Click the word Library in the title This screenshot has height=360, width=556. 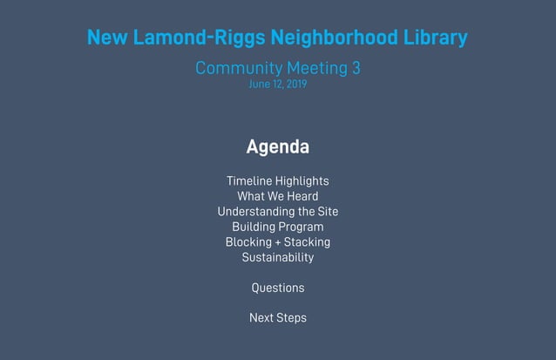click(x=436, y=38)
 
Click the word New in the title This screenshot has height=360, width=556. click(x=106, y=38)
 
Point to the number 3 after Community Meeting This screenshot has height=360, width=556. click(x=356, y=68)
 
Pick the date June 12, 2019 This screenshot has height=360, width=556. click(x=277, y=85)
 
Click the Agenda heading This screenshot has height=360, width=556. click(x=277, y=146)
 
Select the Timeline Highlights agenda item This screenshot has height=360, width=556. click(x=277, y=180)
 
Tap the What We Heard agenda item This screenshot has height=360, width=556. click(x=277, y=196)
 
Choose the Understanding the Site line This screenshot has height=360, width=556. click(x=277, y=212)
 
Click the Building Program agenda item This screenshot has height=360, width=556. click(x=277, y=227)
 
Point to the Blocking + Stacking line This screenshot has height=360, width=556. click(x=277, y=241)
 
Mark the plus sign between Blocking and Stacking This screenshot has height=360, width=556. click(x=277, y=242)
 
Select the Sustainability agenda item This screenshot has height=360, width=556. click(x=277, y=257)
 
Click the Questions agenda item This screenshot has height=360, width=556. click(x=277, y=288)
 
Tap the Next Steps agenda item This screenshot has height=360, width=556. click(x=277, y=318)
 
